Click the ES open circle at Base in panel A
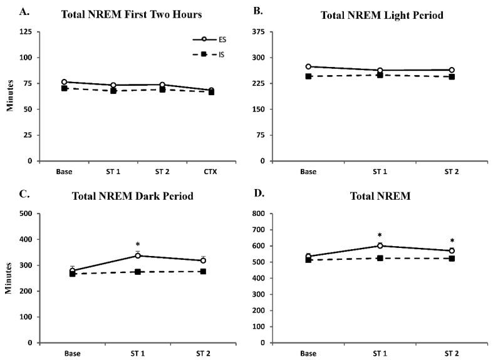click(64, 82)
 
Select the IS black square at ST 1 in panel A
click(113, 91)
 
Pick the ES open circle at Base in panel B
click(308, 66)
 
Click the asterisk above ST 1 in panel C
click(137, 245)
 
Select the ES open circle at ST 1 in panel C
click(137, 255)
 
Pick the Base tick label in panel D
click(308, 352)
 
